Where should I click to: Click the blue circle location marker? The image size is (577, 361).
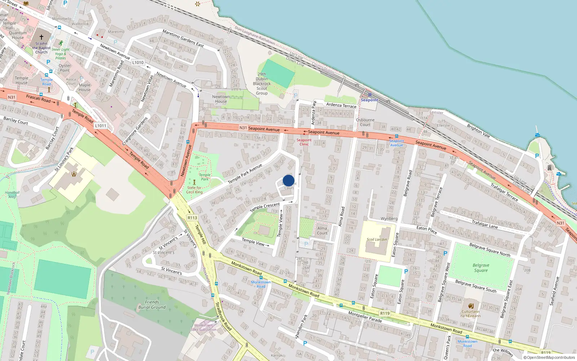288,180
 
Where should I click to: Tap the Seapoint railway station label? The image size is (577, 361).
369,100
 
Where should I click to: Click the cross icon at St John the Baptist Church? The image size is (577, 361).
41,37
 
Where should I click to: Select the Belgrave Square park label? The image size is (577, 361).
481,268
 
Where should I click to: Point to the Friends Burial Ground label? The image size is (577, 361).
152,305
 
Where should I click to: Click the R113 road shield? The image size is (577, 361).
192,218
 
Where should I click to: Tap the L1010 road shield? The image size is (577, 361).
138,62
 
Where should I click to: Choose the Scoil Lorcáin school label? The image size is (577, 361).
376,239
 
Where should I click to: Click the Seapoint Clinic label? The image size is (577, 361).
304,142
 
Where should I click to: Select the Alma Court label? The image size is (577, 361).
322,230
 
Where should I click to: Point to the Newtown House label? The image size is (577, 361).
221,99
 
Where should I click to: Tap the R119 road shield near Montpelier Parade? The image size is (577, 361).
385,313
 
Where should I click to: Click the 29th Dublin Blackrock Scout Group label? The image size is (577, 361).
262,84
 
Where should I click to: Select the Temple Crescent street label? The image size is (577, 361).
265,207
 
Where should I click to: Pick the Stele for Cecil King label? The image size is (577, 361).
194,190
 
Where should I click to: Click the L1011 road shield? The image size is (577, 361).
101,126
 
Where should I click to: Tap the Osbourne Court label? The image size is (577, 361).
365,122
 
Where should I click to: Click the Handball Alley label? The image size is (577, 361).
12,195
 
